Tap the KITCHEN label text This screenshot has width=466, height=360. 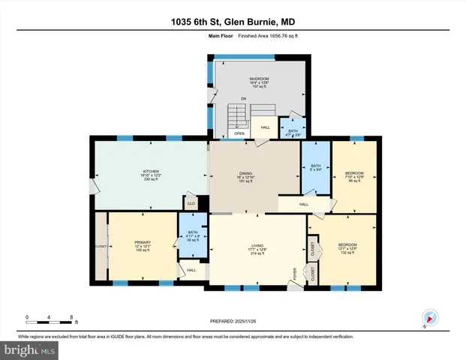(151, 172)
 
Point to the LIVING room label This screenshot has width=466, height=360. (258, 244)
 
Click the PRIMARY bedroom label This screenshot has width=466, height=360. (143, 242)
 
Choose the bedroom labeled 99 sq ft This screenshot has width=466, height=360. (353, 174)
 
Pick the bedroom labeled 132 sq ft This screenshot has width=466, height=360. (347, 244)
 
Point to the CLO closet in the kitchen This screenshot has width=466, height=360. (191, 202)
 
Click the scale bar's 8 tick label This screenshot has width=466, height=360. (70, 316)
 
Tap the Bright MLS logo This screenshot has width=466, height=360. (30, 349)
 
